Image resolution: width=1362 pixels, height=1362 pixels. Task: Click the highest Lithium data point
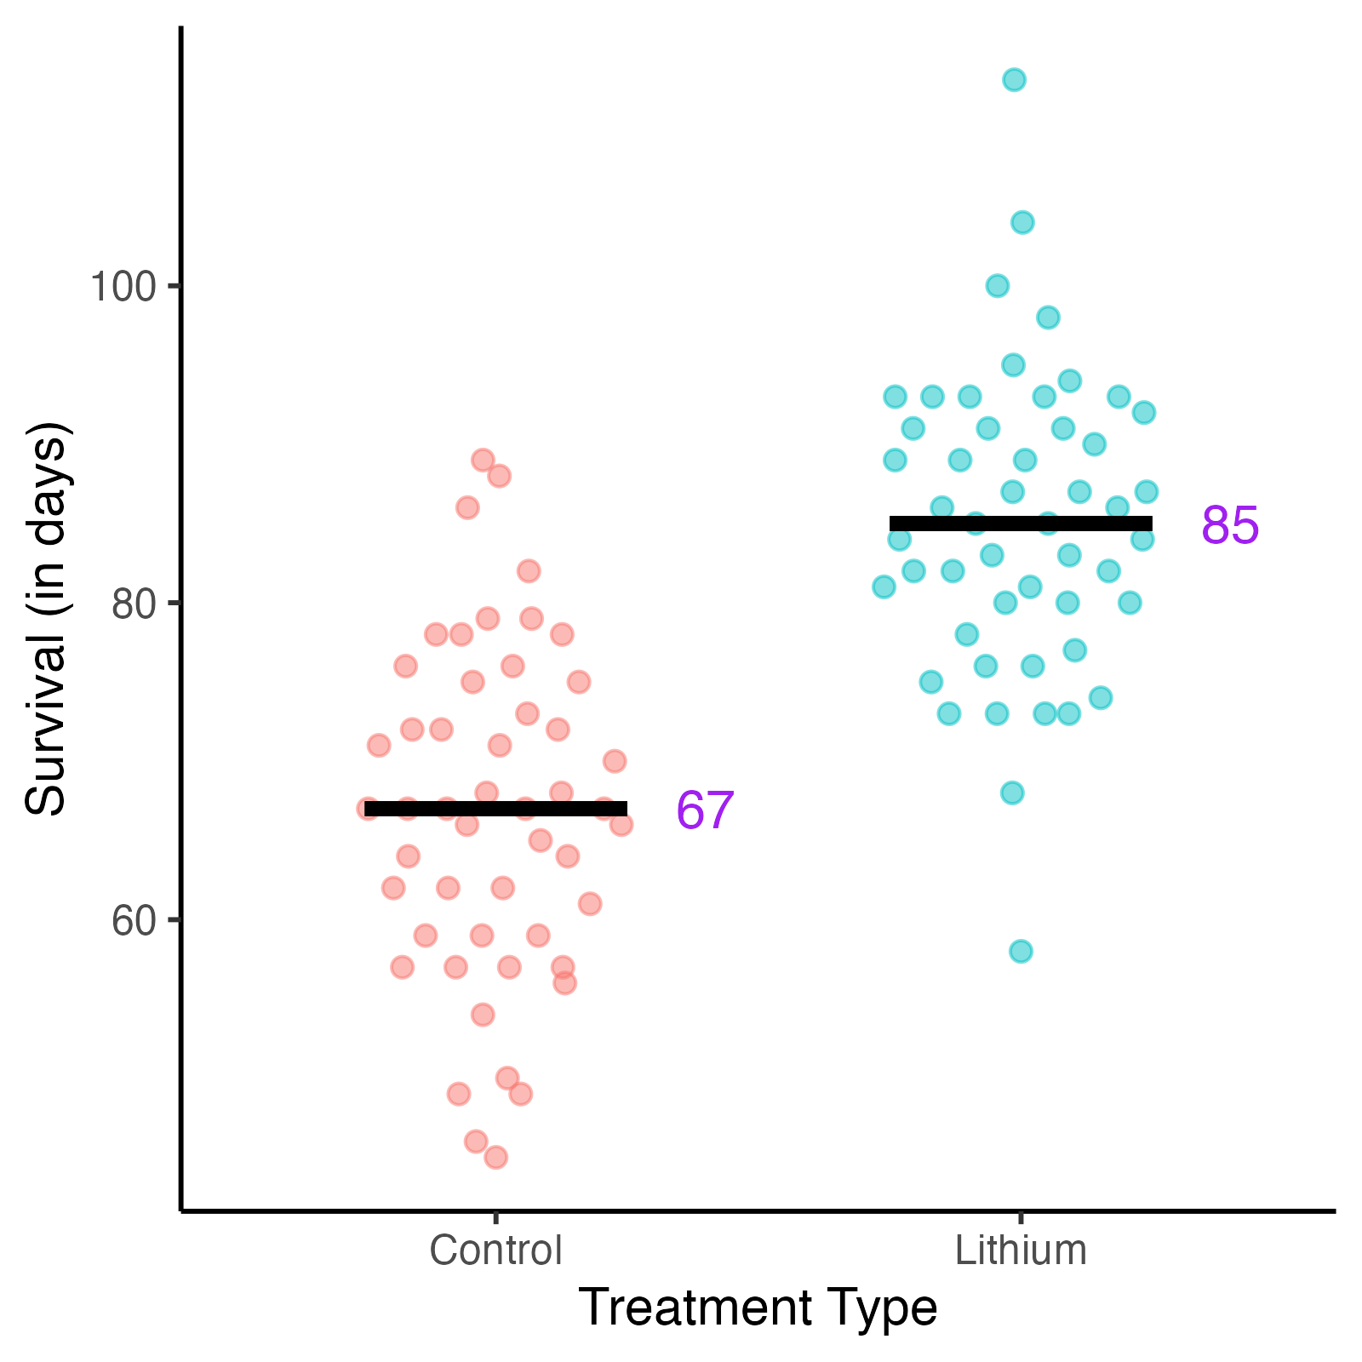pos(1014,80)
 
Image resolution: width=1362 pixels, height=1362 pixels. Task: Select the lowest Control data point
pos(495,1157)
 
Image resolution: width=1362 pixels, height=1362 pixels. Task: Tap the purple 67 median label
pos(705,810)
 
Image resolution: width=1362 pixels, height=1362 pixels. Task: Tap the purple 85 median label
pos(1230,525)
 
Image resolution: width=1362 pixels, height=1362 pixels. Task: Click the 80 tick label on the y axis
pos(134,604)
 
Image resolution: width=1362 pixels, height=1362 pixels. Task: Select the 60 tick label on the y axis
pos(134,920)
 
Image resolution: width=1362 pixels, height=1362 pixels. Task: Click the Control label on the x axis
pos(495,1250)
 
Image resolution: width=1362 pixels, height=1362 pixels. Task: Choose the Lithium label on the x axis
pos(1021,1250)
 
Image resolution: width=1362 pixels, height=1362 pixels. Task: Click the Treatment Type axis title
pos(758,1308)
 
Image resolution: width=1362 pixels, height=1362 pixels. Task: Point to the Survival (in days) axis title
pos(46,619)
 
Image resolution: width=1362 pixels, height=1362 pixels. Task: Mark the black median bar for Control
pos(495,809)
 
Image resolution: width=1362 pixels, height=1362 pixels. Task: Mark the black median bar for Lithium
pos(1021,524)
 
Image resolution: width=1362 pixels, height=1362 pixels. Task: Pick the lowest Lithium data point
pos(1021,951)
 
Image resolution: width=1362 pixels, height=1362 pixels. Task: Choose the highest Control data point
pos(483,461)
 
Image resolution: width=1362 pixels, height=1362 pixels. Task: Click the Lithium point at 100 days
pos(998,285)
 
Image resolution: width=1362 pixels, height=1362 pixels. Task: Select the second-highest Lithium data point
pos(1022,222)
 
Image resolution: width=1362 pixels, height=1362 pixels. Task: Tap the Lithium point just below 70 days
pos(1012,793)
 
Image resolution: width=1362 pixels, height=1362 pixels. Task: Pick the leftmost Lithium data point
pos(884,587)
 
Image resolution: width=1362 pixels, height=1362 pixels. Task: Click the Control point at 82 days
pos(529,570)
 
